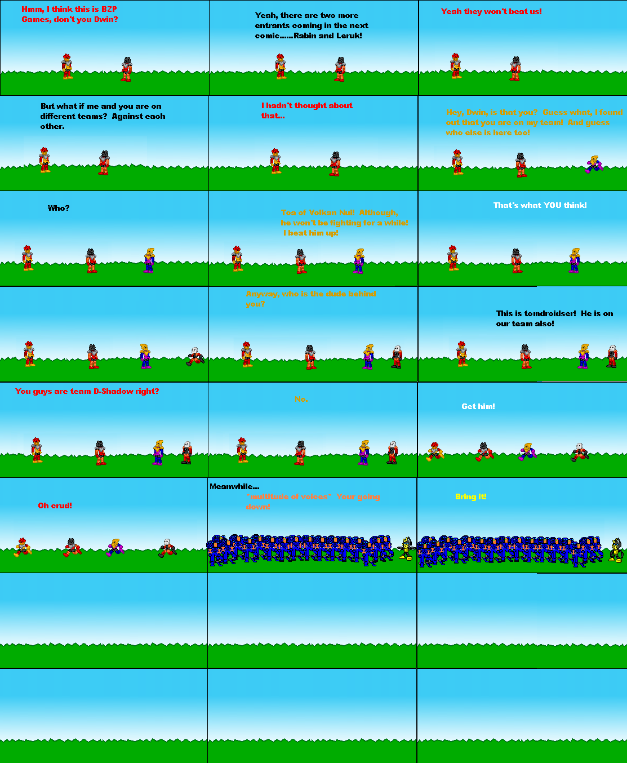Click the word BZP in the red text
(x=109, y=9)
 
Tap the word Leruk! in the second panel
(x=349, y=36)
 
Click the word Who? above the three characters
(x=59, y=208)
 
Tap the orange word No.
(x=301, y=399)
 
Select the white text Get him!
(x=478, y=406)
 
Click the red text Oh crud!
(x=55, y=505)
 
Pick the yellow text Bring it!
(x=470, y=496)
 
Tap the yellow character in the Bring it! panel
(x=615, y=551)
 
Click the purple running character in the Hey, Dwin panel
(x=594, y=164)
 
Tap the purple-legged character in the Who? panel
(x=149, y=260)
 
